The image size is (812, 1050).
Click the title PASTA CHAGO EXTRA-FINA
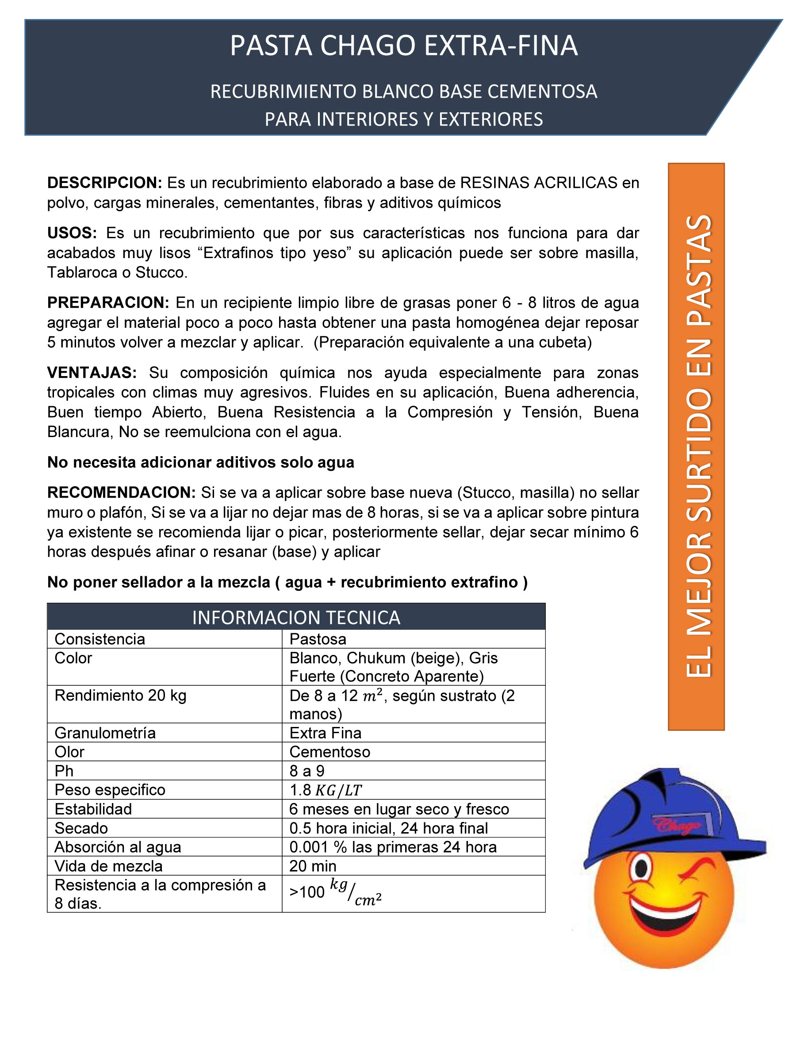click(404, 46)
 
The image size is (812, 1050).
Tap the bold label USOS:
click(72, 233)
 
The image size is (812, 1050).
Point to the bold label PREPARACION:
click(108, 302)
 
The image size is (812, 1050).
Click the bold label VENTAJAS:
click(92, 372)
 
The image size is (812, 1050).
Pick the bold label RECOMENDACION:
click(121, 492)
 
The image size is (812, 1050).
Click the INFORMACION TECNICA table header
click(296, 617)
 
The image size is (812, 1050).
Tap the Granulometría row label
click(105, 733)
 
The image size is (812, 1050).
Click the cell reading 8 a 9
click(307, 771)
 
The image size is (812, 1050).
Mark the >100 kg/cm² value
click(336, 893)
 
